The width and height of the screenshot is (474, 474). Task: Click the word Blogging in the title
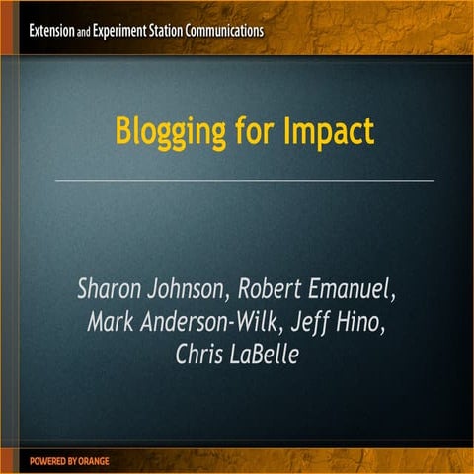(164, 130)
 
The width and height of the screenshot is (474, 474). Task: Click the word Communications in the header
(234, 30)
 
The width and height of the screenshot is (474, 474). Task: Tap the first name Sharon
(112, 290)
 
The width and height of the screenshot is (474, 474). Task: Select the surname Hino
(372, 322)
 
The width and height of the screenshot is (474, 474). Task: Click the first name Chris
(200, 354)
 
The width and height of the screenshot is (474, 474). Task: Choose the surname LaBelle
(266, 354)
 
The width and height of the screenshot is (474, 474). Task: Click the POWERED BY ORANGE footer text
(69, 461)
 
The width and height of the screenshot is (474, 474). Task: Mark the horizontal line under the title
(244, 181)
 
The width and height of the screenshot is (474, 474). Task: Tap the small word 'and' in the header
(84, 31)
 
